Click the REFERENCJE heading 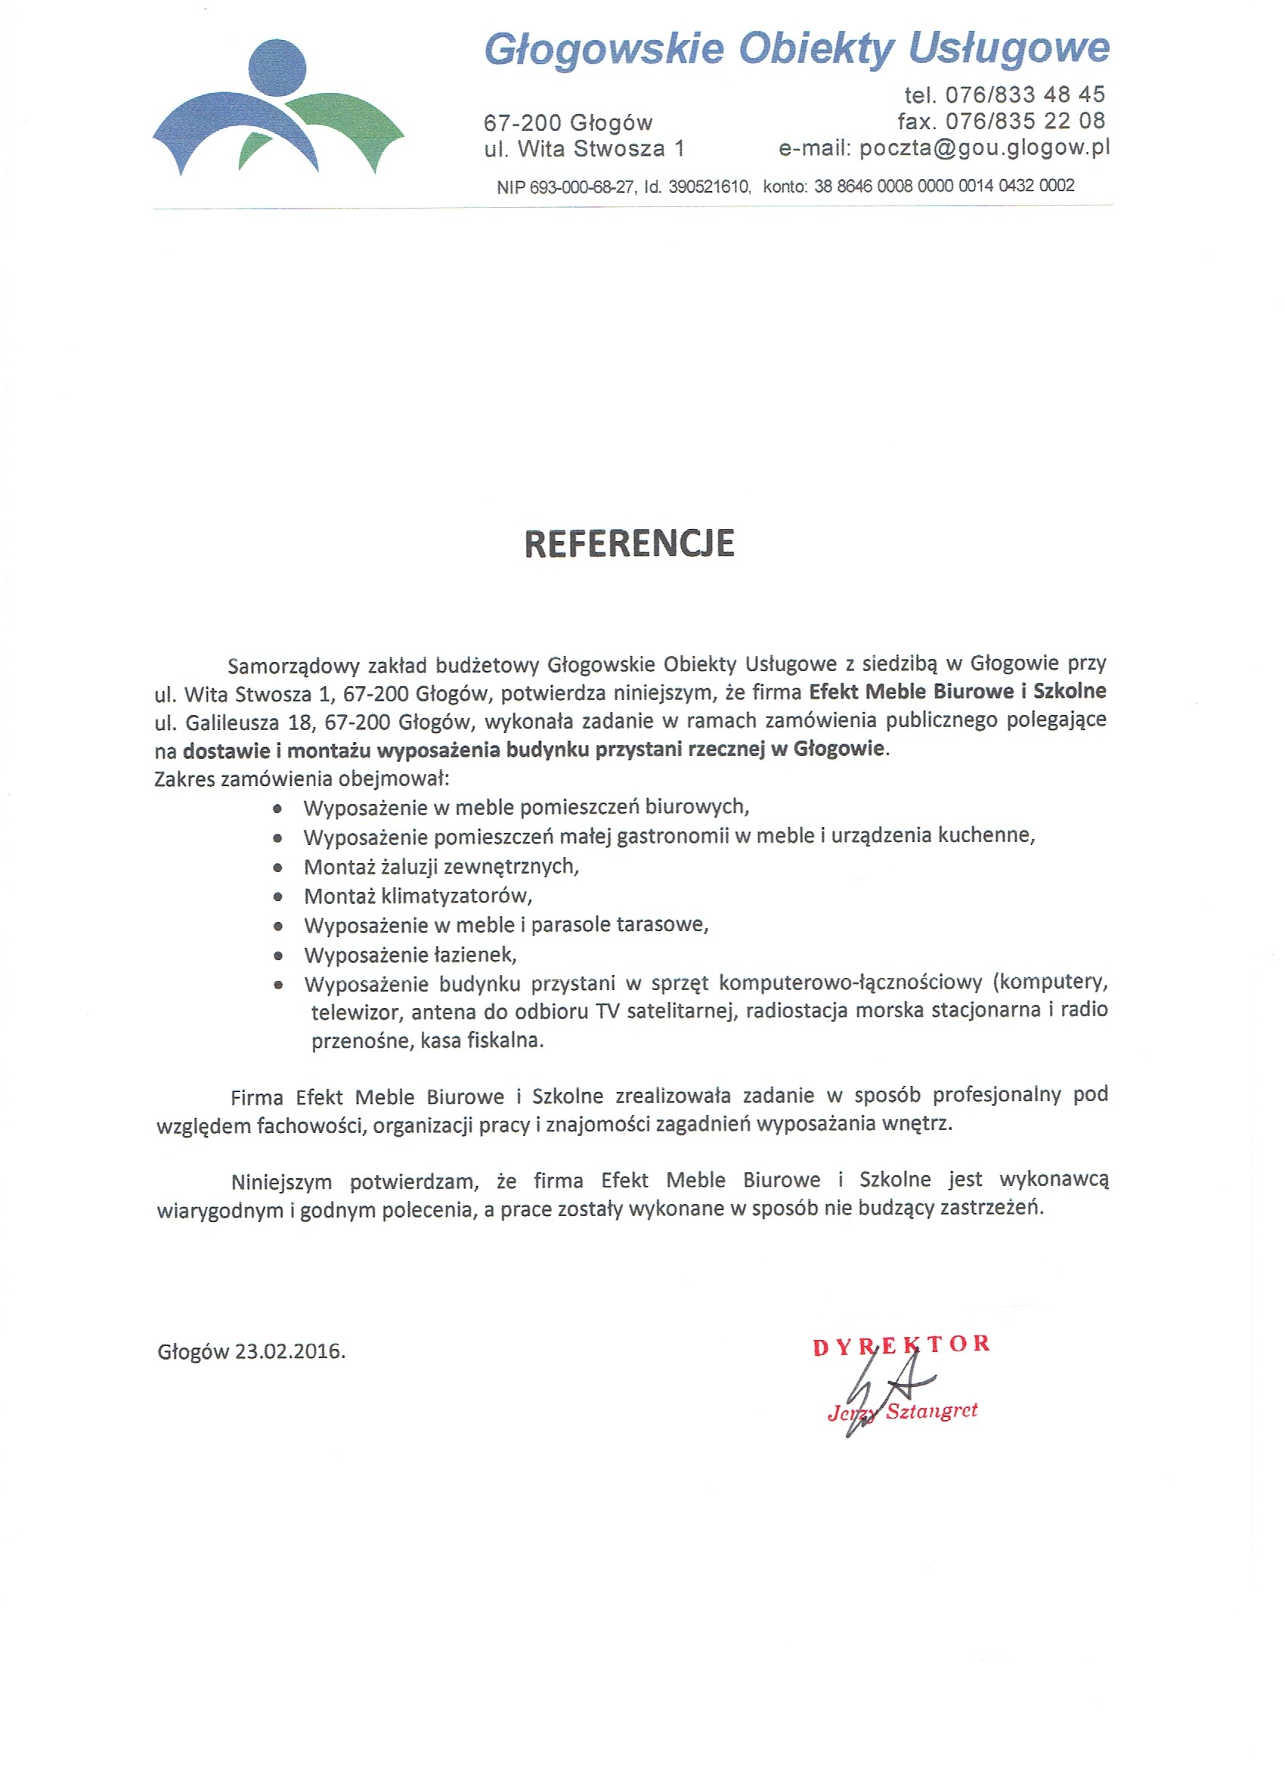[629, 544]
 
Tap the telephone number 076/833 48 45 [1025, 95]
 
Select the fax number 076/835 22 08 [1025, 122]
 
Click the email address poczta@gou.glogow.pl [984, 148]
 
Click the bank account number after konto [943, 186]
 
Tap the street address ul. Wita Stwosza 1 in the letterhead [584, 149]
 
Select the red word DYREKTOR [901, 1345]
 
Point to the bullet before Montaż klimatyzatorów [278, 897]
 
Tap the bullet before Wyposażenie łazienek [278, 956]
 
